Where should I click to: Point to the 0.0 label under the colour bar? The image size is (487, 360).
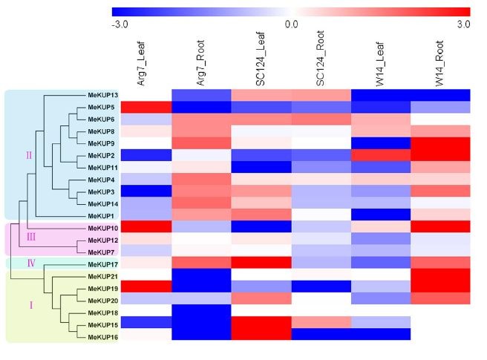click(291, 24)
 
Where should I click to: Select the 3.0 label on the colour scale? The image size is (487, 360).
click(463, 24)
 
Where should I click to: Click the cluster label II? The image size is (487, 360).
click(29, 155)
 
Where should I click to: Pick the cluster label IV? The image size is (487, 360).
click(29, 264)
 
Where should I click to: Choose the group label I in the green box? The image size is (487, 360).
click(30, 305)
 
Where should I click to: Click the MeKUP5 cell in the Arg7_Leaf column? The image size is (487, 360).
click(142, 107)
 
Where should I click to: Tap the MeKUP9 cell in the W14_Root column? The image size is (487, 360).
click(440, 143)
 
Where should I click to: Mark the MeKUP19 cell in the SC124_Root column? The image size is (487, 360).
click(321, 287)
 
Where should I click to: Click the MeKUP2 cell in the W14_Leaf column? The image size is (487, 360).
click(380, 155)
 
